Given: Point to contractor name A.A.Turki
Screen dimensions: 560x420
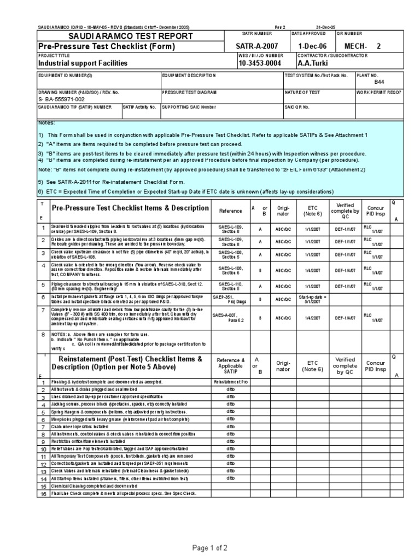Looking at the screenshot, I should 315,63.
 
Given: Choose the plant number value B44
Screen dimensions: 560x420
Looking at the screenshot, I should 379,81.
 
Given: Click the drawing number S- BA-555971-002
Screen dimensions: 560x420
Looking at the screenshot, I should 61,100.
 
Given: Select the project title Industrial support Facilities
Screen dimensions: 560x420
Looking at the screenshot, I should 83,63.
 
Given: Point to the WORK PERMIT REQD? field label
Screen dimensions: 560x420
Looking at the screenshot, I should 378,92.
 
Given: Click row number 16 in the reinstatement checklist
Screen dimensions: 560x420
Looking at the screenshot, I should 42,494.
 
